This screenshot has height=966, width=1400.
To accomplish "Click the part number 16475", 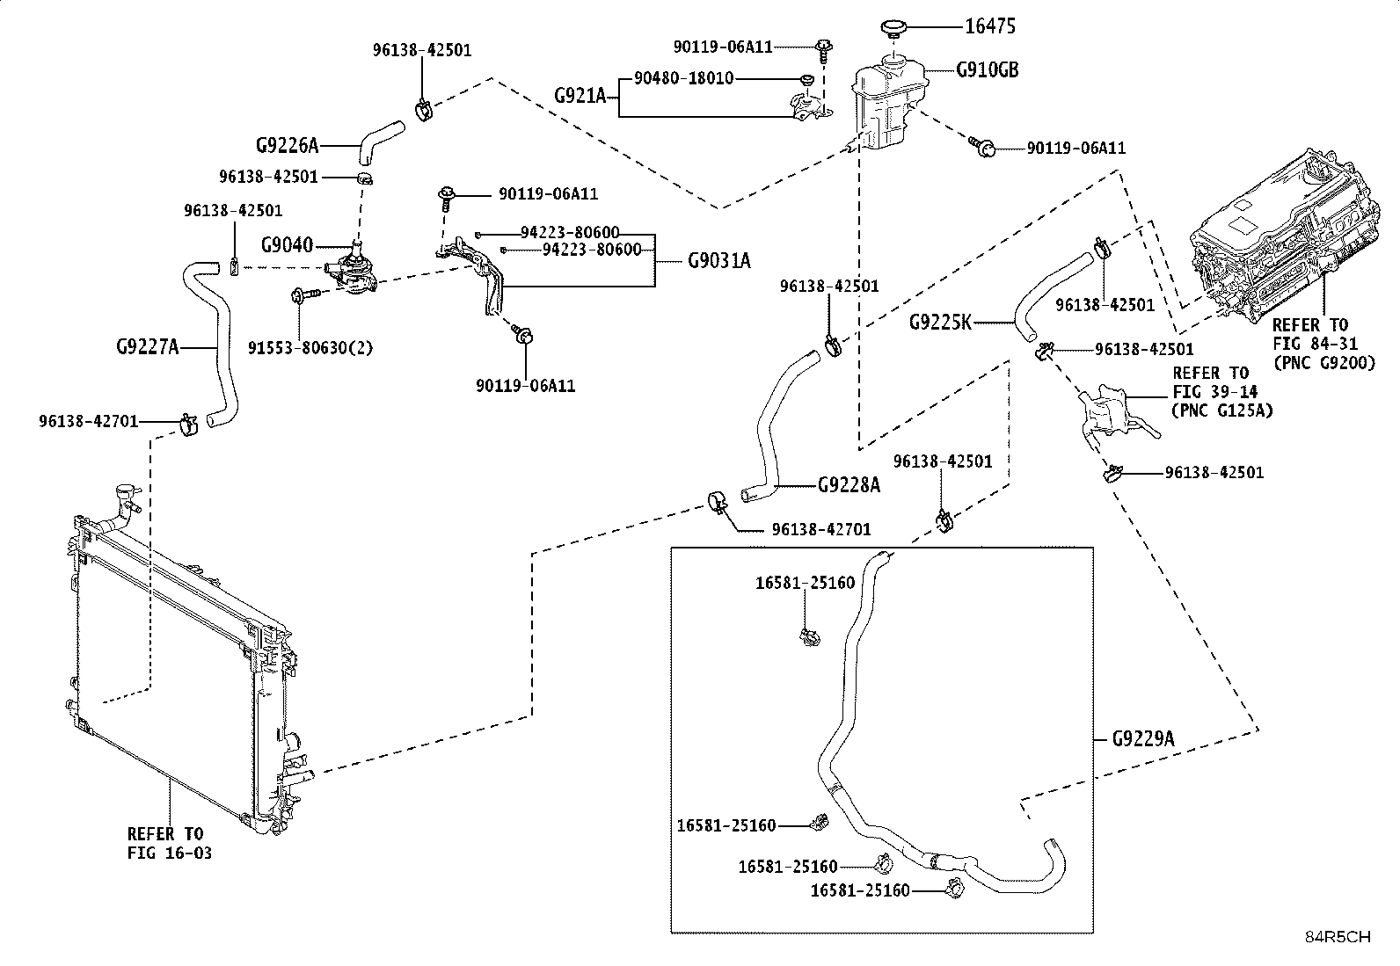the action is (990, 26).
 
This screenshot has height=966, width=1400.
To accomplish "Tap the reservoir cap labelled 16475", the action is (893, 29).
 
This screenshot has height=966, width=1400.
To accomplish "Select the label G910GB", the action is (988, 70).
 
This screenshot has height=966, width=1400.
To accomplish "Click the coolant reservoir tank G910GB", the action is (886, 103).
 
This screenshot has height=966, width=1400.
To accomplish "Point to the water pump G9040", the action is (352, 273).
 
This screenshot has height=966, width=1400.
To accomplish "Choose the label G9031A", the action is (718, 260).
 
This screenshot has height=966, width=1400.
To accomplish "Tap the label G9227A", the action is (148, 346).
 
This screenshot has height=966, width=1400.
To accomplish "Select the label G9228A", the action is (849, 485).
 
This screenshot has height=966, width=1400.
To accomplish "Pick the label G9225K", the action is (940, 323).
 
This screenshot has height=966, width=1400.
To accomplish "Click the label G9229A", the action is (1143, 739).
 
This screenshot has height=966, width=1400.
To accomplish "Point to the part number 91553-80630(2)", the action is (310, 348).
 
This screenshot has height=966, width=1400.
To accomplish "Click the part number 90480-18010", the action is (684, 79).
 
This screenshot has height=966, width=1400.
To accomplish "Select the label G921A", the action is (580, 96).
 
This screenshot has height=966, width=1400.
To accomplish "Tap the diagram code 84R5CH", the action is (1338, 937).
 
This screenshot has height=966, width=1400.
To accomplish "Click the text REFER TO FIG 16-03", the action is (170, 844).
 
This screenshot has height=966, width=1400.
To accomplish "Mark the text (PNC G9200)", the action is (1323, 363).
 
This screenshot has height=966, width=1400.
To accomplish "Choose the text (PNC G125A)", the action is (1222, 410).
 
